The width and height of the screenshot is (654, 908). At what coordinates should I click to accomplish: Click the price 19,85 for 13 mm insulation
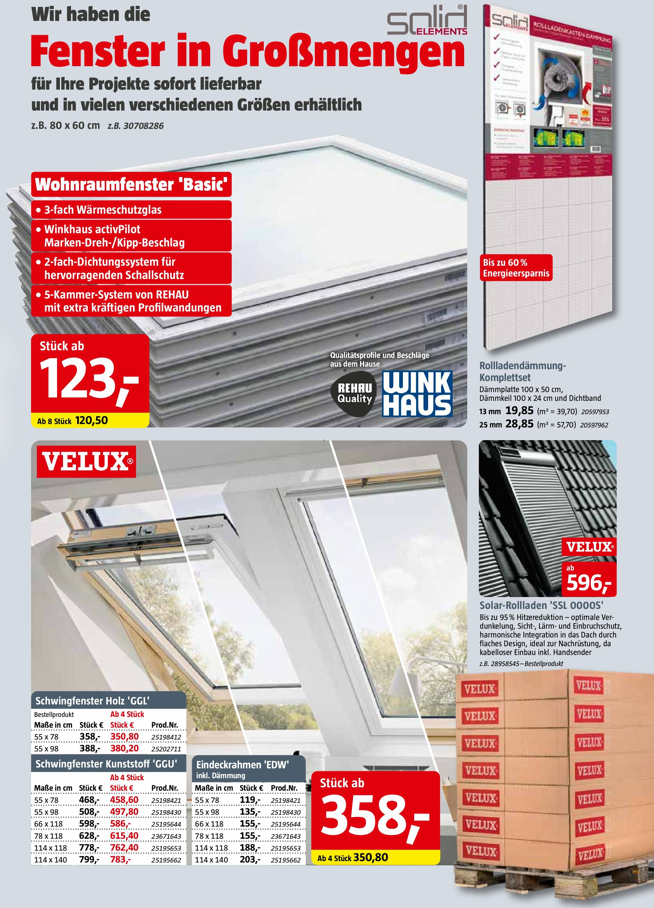[x=519, y=410]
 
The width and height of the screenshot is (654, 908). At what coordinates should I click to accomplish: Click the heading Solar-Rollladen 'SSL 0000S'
[x=541, y=605]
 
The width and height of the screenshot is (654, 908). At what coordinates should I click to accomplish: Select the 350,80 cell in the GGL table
[x=124, y=737]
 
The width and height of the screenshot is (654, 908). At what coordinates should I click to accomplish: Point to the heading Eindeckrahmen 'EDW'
[x=242, y=765]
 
